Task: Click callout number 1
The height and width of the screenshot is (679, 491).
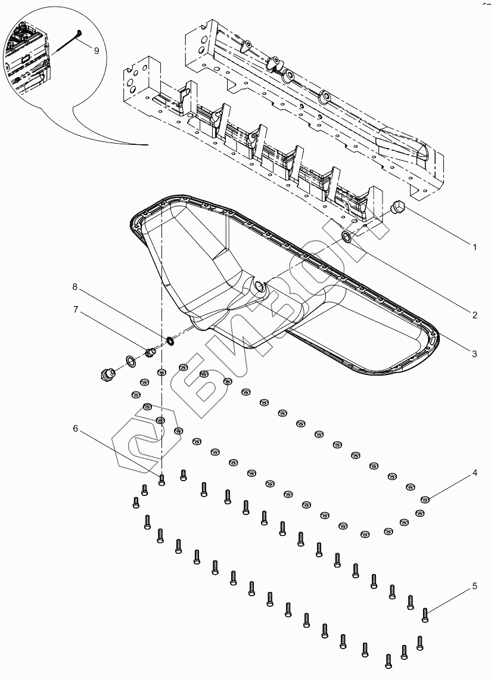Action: coord(474,246)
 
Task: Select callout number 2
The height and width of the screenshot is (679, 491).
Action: coord(474,315)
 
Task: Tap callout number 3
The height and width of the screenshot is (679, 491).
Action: coord(474,354)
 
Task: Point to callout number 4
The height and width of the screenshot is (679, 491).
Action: coord(474,473)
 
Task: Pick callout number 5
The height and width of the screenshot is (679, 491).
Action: coord(474,586)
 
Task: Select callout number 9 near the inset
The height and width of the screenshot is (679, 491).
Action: coord(96,51)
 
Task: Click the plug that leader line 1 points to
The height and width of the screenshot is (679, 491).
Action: coord(396,207)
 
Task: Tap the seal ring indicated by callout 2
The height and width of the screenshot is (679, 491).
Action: coord(347,238)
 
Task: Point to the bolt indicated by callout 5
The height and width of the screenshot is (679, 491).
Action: coord(425,613)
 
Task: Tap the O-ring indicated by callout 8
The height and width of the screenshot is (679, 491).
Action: coord(170,341)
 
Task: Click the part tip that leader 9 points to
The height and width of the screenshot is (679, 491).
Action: coord(80,33)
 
